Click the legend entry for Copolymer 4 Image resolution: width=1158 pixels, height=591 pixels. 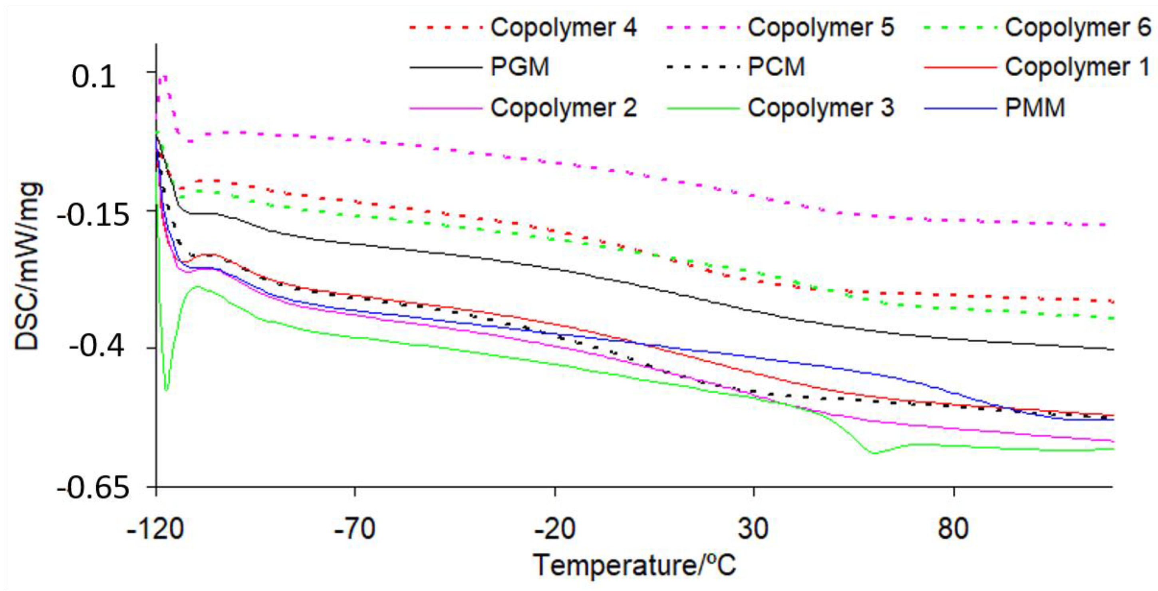pyautogui.click(x=563, y=28)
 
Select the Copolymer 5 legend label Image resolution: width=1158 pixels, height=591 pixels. pyautogui.click(x=820, y=28)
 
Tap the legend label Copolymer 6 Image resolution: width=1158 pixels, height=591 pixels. pyautogui.click(x=1078, y=28)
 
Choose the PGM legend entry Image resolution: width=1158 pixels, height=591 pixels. pyautogui.click(x=520, y=67)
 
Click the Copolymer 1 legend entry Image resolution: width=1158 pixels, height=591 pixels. pyautogui.click(x=1078, y=67)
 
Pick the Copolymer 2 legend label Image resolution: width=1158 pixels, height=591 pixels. pyautogui.click(x=563, y=108)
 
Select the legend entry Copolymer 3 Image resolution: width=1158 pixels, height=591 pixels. pyautogui.click(x=820, y=108)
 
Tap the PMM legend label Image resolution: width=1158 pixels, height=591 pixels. pyautogui.click(x=1035, y=108)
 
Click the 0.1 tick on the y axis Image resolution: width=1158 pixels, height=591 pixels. pyautogui.click(x=93, y=76)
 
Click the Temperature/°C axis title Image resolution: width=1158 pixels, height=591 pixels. pyautogui.click(x=634, y=565)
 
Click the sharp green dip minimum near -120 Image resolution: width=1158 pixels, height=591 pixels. pyautogui.click(x=166, y=390)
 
